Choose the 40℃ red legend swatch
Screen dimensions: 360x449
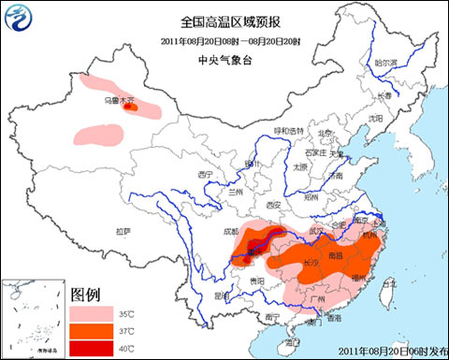[x=89, y=347]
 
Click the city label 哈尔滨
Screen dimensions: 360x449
[x=386, y=63]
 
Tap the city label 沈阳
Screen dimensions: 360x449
[x=375, y=119]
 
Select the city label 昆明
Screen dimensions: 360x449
[x=221, y=295]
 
